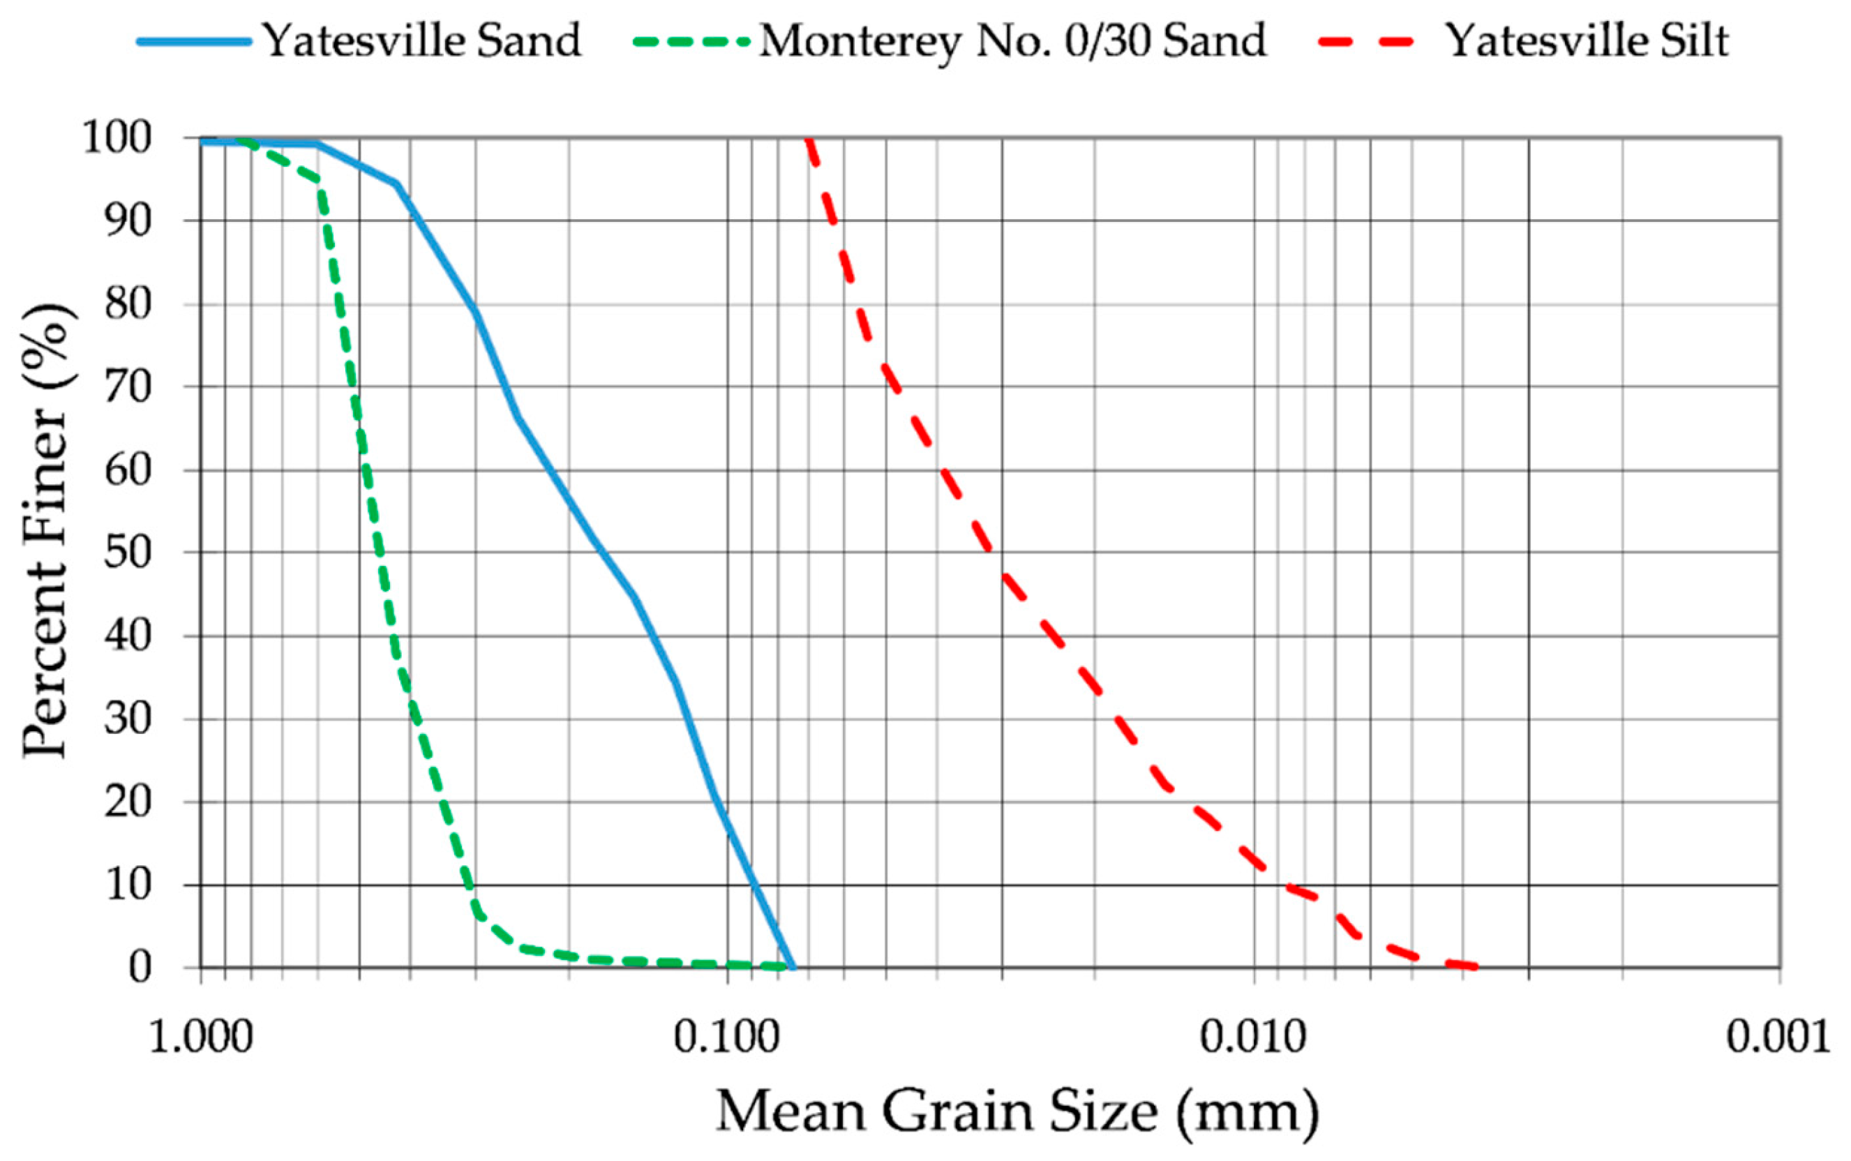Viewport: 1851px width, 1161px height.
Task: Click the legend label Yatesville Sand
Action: point(421,40)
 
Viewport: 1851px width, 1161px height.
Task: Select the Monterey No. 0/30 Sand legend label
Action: point(1012,40)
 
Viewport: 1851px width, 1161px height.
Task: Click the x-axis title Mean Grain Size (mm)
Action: point(1017,1111)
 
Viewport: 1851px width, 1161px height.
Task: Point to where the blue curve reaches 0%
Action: point(793,967)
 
